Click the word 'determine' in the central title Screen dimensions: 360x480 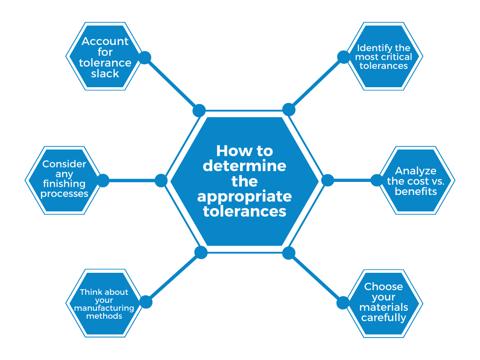244,166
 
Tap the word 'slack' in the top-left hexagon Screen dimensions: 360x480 105,74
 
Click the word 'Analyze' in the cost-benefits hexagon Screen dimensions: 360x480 416,171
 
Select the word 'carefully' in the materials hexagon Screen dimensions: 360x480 383,317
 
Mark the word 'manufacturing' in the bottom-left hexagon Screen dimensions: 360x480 104,308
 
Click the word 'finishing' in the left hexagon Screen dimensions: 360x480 65,183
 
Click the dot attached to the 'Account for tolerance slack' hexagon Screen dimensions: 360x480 145,58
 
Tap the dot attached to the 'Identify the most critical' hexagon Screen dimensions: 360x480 344,57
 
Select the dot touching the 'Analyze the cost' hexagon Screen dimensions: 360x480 377,180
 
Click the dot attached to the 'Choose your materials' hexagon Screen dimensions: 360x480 343,303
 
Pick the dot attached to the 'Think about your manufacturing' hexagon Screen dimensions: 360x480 146,302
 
